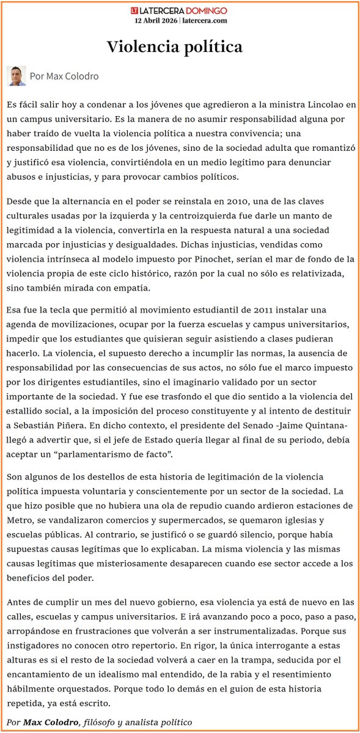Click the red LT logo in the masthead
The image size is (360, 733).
tap(135, 11)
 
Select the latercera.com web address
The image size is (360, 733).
tap(205, 20)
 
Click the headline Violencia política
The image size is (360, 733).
tap(175, 46)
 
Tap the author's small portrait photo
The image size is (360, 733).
tap(16, 76)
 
